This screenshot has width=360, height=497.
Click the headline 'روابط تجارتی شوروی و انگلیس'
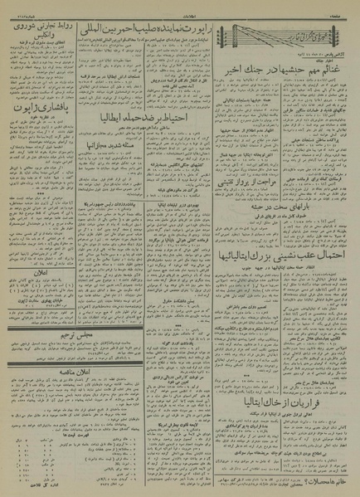pyautogui.click(x=36, y=30)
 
